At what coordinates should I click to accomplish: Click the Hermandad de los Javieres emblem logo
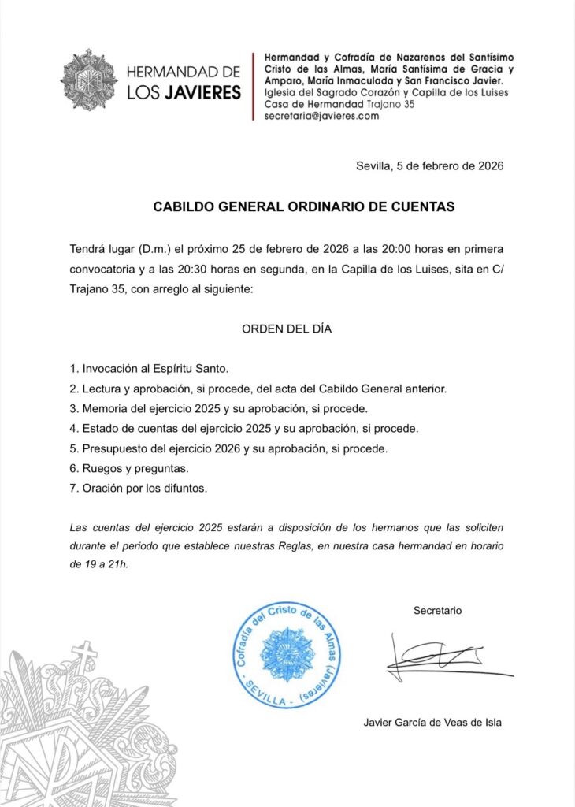click(x=89, y=81)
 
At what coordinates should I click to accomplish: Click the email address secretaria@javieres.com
click(x=321, y=116)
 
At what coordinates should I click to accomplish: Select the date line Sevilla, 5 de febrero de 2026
click(x=429, y=166)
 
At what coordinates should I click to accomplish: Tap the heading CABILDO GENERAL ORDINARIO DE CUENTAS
click(x=303, y=207)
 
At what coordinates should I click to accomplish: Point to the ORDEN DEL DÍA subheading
click(x=286, y=329)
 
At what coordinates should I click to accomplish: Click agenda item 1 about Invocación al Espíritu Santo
click(x=149, y=368)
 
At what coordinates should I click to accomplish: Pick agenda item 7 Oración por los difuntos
click(x=138, y=489)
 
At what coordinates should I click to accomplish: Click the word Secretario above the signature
click(x=437, y=611)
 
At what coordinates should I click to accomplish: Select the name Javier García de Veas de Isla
click(x=432, y=722)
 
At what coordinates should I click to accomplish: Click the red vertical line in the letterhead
click(x=253, y=86)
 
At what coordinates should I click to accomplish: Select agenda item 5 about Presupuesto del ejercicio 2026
click(x=229, y=448)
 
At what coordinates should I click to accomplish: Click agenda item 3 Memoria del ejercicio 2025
click(x=218, y=408)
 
